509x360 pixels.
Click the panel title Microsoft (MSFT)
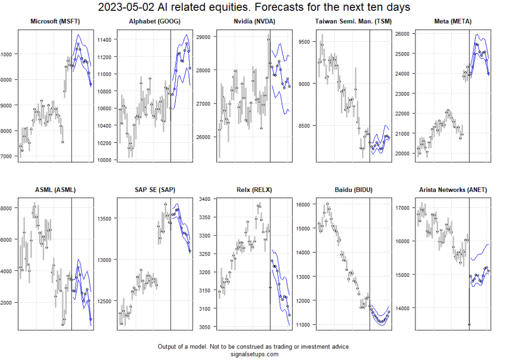click(x=55, y=21)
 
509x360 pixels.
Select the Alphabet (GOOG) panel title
click(x=154, y=21)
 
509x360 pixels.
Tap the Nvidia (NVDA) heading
click(x=254, y=21)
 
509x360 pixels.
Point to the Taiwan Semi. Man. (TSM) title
click(x=353, y=21)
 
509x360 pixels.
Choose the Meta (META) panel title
click(x=452, y=21)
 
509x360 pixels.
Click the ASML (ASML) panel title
click(x=55, y=189)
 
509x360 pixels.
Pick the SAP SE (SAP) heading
click(x=154, y=189)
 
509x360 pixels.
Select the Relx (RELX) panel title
click(x=254, y=189)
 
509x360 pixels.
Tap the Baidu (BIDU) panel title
click(x=353, y=189)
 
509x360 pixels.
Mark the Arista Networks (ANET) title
click(x=452, y=189)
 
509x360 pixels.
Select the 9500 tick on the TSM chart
click(x=305, y=42)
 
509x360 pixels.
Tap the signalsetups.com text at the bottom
click(x=254, y=354)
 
